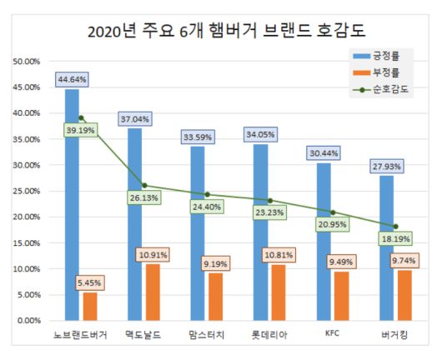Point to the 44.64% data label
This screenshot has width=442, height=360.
[x=73, y=79]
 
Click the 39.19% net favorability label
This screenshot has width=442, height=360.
[x=81, y=130]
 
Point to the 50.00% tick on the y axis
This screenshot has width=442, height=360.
[x=28, y=61]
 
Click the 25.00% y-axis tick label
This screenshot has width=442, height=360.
[x=28, y=191]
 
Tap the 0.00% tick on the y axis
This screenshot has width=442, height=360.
[x=30, y=321]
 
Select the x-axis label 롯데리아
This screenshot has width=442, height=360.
[x=269, y=335]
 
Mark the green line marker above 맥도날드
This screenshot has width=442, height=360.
[x=144, y=185]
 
